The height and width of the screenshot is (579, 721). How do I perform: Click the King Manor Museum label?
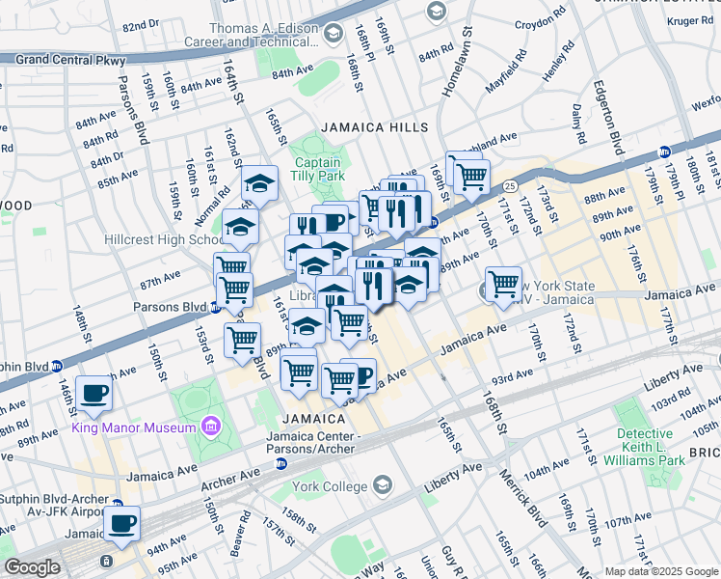point(133,427)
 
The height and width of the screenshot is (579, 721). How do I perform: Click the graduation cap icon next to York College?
point(384,484)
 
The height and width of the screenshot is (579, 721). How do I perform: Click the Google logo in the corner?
point(31,567)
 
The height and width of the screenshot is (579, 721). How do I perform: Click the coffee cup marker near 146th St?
point(94,392)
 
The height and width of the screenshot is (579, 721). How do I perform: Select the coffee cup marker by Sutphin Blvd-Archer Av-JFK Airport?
point(121,523)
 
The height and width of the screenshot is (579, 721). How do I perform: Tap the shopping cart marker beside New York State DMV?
point(503,284)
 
